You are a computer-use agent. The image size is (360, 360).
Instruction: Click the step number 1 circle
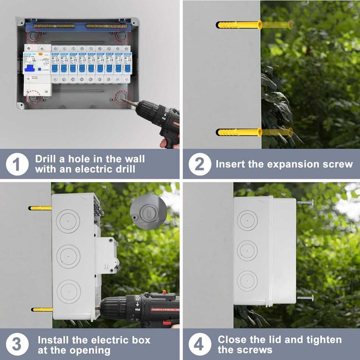pyautogui.click(x=17, y=165)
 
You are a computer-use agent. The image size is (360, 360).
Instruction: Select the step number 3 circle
pyautogui.click(x=17, y=345)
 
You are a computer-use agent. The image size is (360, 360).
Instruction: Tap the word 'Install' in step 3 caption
pyautogui.click(x=54, y=339)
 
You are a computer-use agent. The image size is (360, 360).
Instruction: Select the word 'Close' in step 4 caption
pyautogui.click(x=232, y=339)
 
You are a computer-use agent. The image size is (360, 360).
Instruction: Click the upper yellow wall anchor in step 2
pyautogui.click(x=240, y=25)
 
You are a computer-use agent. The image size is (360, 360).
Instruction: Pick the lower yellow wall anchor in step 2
pyautogui.click(x=240, y=132)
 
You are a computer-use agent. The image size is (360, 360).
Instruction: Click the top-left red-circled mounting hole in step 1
pyautogui.click(x=33, y=37)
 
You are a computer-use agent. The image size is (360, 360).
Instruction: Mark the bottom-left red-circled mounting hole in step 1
pyautogui.click(x=33, y=97)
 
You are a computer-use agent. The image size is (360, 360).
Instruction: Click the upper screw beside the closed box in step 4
pyautogui.click(x=305, y=203)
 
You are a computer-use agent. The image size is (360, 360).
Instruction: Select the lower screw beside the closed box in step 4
pyautogui.click(x=305, y=297)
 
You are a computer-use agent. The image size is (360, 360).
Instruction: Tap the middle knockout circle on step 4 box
pyautogui.click(x=247, y=251)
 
